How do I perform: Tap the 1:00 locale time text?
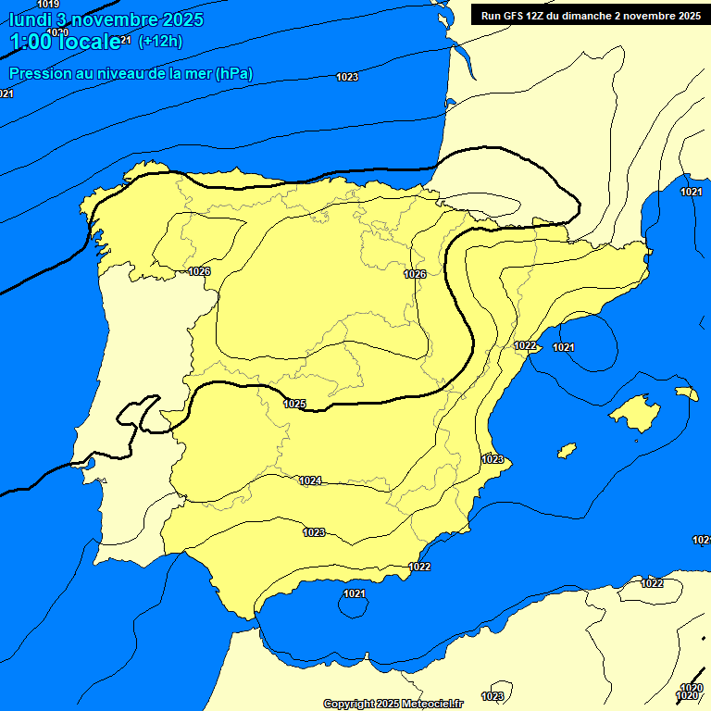coord(65,42)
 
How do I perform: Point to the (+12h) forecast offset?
coord(160,42)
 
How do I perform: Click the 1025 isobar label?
coord(294,404)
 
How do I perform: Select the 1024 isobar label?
coord(310,480)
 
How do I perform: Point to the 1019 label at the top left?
coord(48,5)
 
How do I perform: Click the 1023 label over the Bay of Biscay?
coord(347,77)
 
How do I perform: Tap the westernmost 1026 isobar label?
coord(199,271)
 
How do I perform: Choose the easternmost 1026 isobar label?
coord(415,274)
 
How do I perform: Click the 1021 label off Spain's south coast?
coord(354,593)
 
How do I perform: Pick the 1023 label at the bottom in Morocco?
coord(493,696)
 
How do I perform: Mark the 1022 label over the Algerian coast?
coord(652,583)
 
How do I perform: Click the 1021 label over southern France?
coord(691,192)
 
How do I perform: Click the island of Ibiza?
coord(566,450)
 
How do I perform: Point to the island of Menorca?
coord(686,393)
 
